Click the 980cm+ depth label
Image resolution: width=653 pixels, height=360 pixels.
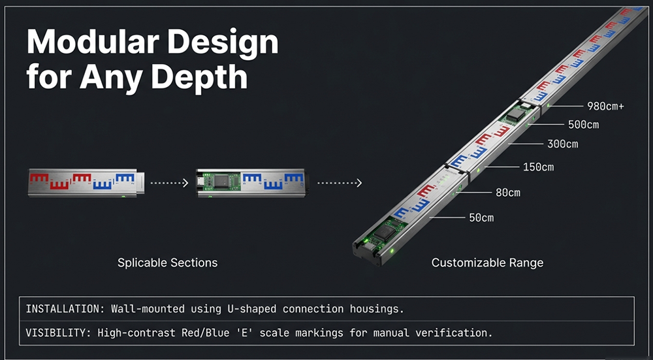point(606,106)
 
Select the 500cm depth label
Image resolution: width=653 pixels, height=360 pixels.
point(583,125)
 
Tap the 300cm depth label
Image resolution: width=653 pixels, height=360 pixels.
point(562,144)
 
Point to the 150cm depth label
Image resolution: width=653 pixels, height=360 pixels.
point(538,167)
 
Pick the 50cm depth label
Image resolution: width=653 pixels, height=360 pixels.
point(481,218)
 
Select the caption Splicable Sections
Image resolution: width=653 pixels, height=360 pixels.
point(167,263)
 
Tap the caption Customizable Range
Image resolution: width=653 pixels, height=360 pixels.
point(487,263)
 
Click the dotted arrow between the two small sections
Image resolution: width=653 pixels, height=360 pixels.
point(170,183)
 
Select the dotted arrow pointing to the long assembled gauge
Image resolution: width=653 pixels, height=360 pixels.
point(339,183)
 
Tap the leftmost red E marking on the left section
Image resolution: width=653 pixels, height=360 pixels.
point(40,177)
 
